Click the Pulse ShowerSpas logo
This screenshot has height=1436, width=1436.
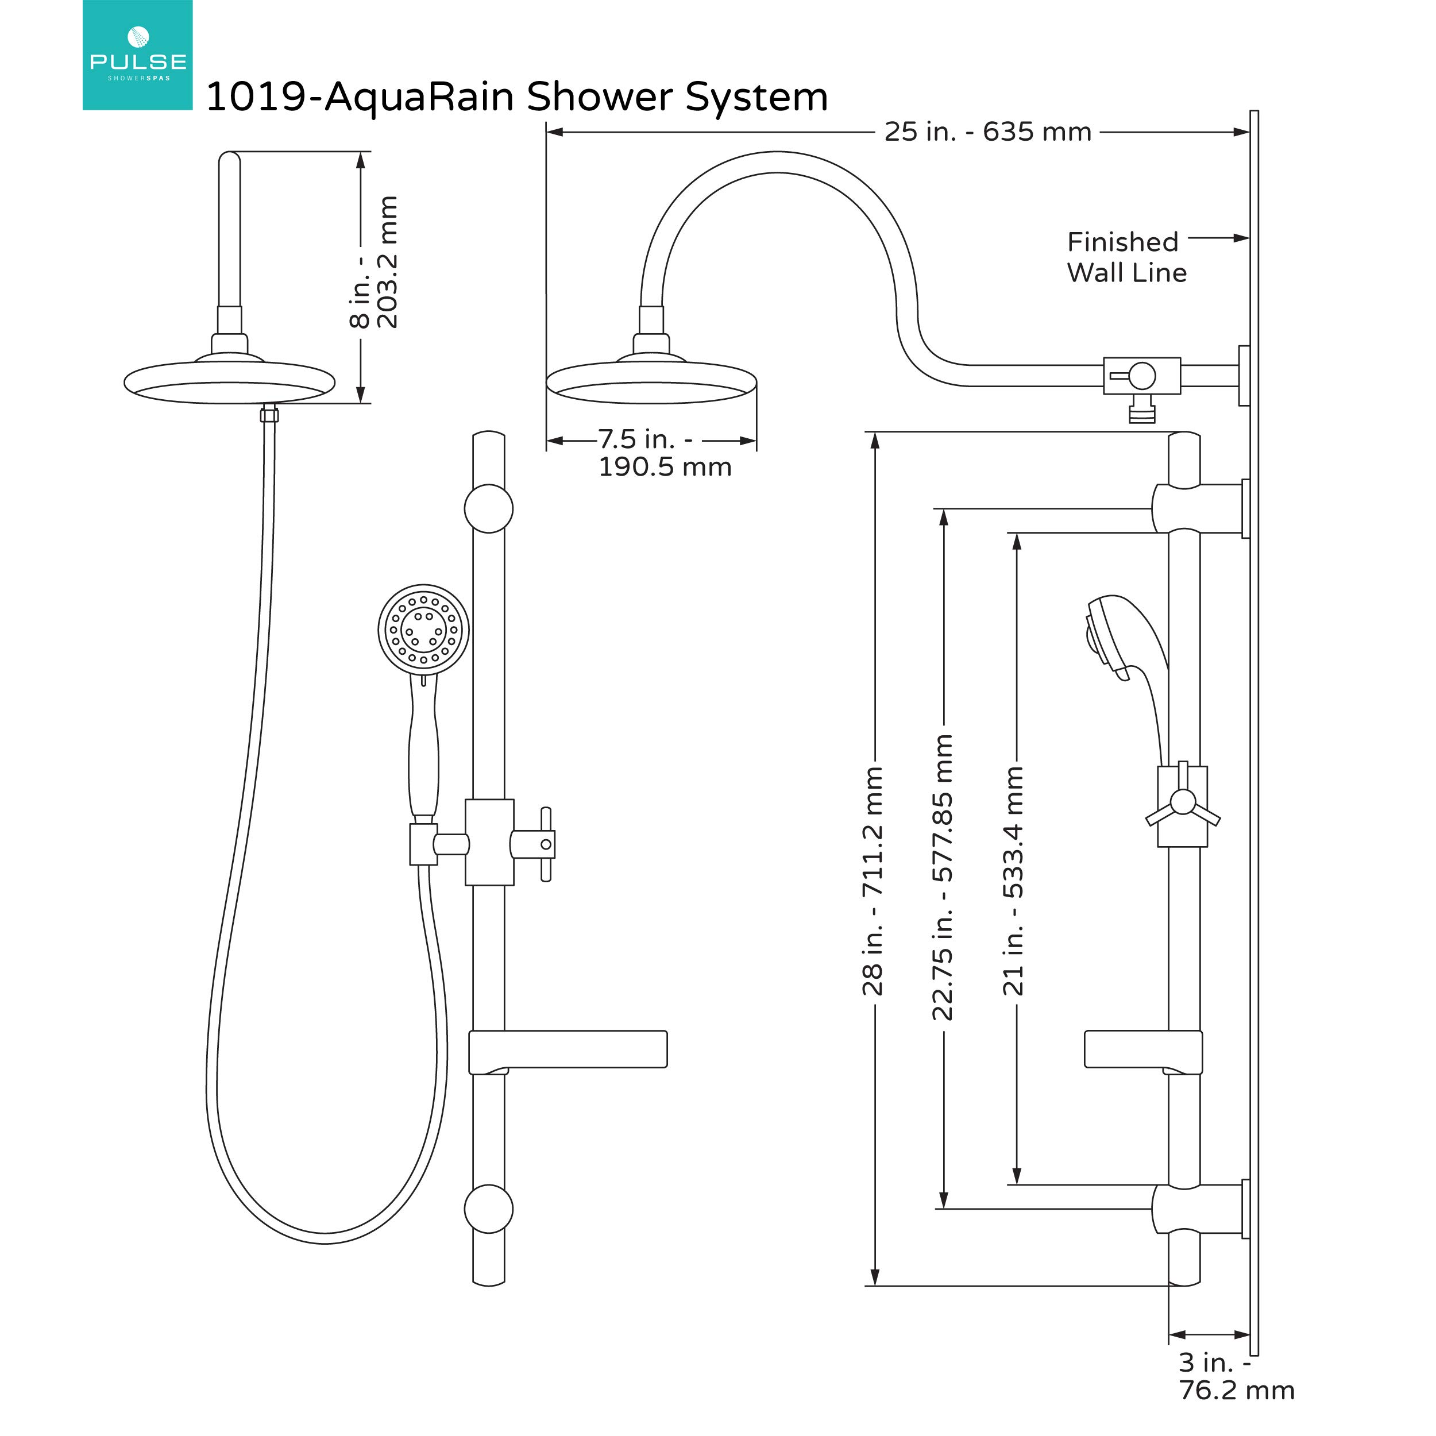pyautogui.click(x=137, y=56)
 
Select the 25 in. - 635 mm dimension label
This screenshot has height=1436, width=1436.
pyautogui.click(x=987, y=132)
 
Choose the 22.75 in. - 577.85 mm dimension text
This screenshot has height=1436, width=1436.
pyautogui.click(x=943, y=877)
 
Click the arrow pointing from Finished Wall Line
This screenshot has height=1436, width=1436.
pyautogui.click(x=1219, y=238)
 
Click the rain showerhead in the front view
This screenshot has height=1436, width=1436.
pyautogui.click(x=229, y=381)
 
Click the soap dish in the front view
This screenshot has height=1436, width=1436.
pyautogui.click(x=569, y=1049)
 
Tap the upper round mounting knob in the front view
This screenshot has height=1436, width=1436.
pyautogui.click(x=488, y=509)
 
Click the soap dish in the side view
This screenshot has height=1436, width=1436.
pyautogui.click(x=1142, y=1050)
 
